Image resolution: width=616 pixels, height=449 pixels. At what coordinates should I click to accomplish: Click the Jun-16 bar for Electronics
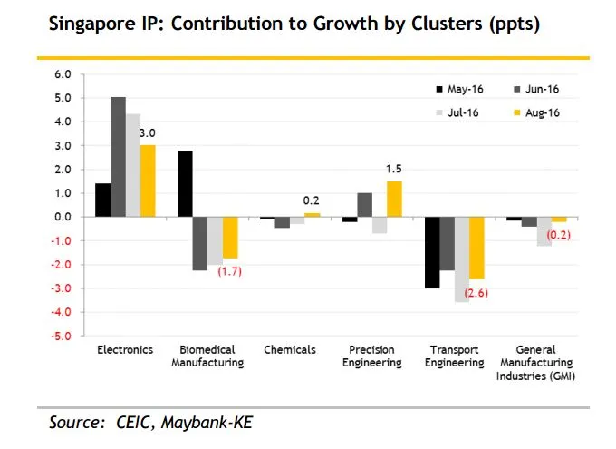coord(118,157)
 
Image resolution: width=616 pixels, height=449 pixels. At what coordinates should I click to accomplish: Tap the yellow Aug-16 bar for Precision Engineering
coord(393,199)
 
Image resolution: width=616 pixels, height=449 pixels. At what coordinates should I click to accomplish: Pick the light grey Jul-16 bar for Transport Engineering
coord(462,259)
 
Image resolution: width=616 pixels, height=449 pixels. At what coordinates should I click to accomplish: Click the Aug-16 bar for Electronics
coord(148,181)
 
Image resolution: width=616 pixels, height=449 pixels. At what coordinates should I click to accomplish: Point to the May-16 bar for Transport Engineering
coord(432,252)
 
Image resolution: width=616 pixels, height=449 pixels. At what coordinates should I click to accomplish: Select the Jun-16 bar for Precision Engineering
coord(364,205)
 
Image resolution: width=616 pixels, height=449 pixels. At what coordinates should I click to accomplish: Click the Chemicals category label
coord(289,349)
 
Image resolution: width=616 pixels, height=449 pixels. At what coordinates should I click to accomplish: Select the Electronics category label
coord(124,349)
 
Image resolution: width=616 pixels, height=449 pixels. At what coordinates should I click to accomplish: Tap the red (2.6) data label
coord(476,293)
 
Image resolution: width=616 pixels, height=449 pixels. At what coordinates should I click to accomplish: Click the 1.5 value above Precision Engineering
coord(394,170)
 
